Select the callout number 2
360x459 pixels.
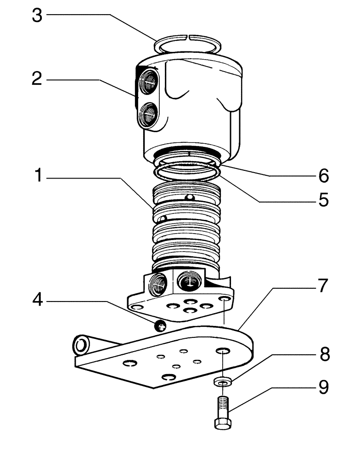pos(37,79)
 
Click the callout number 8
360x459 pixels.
pos(324,354)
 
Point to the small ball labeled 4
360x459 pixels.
pos(160,326)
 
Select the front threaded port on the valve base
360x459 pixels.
pos(189,280)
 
